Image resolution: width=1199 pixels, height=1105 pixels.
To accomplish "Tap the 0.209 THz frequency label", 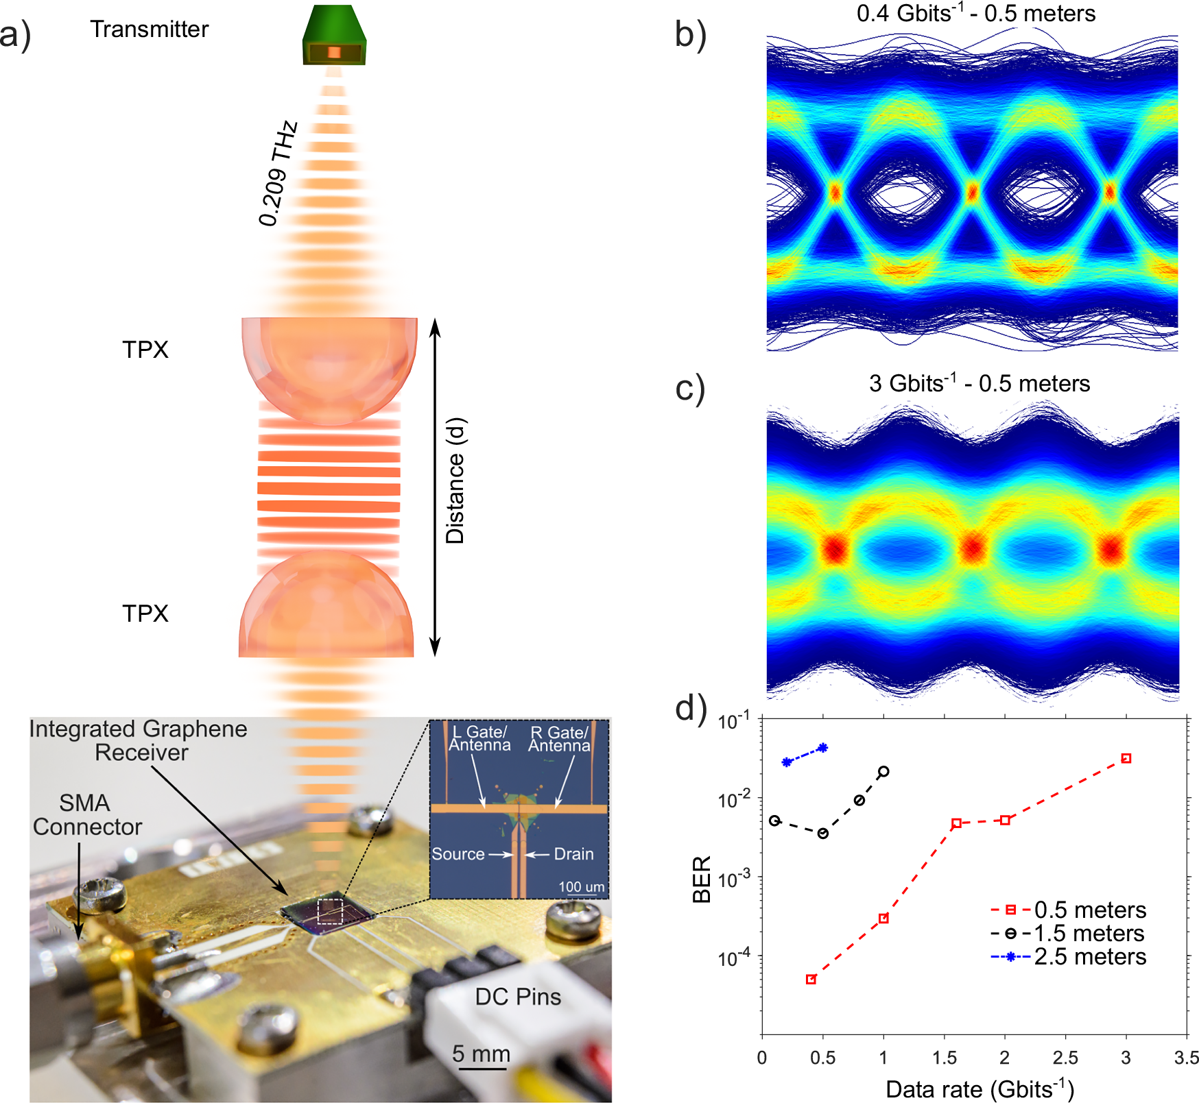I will point(278,174).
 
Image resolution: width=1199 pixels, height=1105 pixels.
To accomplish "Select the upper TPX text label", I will point(145,350).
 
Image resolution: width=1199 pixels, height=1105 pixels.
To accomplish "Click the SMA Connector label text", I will point(86,815).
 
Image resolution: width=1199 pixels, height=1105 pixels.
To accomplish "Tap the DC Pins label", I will point(518,997).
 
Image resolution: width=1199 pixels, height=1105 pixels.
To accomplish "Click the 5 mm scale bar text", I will point(481,1054).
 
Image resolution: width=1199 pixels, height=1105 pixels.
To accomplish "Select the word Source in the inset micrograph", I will point(458,854).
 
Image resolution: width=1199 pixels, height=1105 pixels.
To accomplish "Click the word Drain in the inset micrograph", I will point(573,854).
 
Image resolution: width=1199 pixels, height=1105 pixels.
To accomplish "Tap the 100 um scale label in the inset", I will point(581,887).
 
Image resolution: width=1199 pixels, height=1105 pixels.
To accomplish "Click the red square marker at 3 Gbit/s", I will point(1126,758).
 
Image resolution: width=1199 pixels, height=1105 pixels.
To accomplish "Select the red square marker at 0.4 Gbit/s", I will point(811,980).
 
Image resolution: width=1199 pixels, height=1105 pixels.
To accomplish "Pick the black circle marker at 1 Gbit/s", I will point(883,771).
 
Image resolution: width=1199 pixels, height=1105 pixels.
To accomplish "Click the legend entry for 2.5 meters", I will point(1089,957).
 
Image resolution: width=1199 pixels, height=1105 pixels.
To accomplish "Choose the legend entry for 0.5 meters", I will point(1089,910).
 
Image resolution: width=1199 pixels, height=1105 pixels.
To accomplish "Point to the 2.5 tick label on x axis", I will point(1065,1058).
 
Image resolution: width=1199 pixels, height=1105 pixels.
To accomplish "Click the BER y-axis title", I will point(701,879).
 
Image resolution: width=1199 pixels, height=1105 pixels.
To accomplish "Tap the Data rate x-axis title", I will point(980,1089).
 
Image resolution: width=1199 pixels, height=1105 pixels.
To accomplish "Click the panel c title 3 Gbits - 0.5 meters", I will point(979,383).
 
